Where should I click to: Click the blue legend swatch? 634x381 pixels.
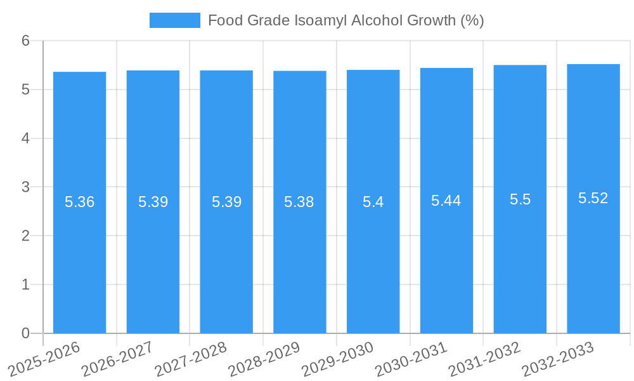174,20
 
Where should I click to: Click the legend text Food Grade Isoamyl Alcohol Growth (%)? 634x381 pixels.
346,20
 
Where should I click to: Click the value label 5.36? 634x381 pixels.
79,202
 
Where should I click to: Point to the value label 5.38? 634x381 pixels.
299,202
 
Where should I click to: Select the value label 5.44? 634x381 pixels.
446,201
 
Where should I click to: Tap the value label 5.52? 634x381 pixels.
593,198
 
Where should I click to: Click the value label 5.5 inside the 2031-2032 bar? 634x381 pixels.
520,199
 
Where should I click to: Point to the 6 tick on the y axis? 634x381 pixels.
25,41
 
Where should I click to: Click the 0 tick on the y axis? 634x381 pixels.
25,333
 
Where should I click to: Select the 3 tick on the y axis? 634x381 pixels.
25,187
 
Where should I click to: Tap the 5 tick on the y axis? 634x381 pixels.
25,90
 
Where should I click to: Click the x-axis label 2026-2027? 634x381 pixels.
117,359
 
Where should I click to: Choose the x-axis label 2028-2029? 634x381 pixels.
264,359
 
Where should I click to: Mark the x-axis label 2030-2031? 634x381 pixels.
411,359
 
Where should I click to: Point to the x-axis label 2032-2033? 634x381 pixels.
557,359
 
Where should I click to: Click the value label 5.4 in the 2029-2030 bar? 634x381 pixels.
373,202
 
